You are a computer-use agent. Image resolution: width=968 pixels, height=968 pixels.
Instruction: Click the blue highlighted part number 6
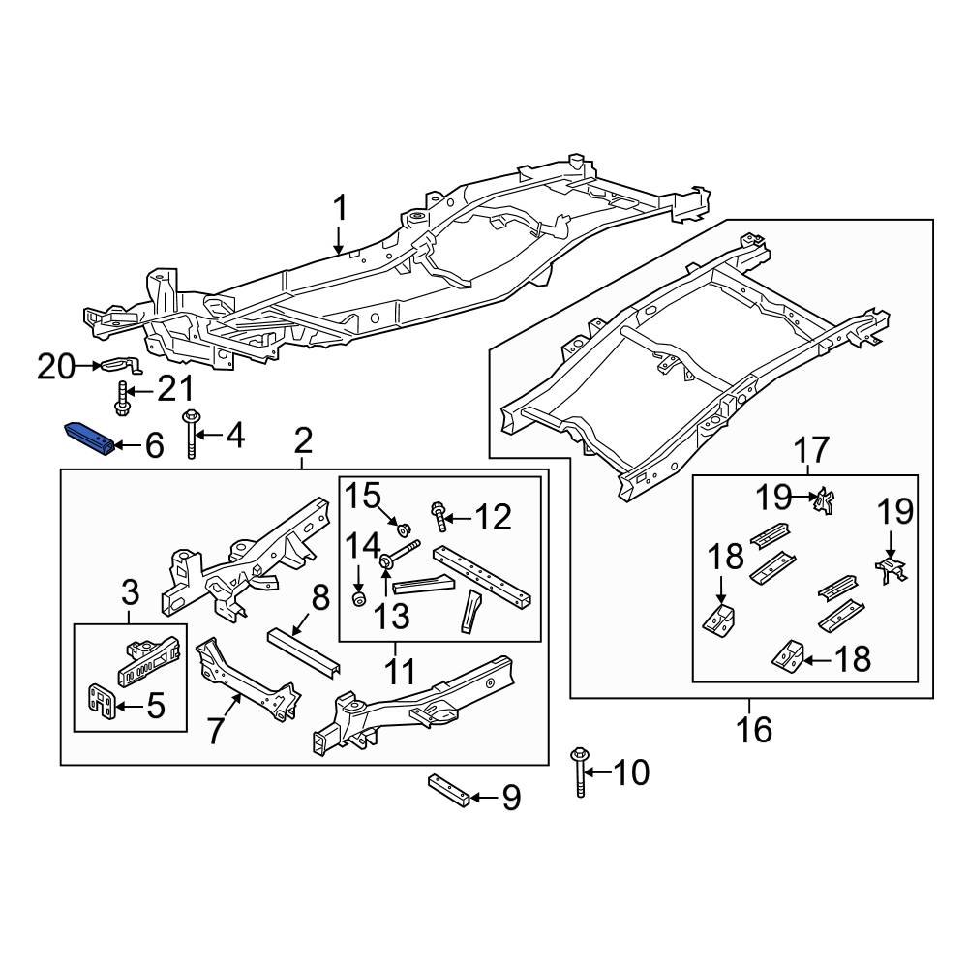[x=89, y=437]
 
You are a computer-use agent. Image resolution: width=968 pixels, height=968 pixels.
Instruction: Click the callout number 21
[x=175, y=390]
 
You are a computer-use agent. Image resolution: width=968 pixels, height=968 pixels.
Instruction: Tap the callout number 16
[x=754, y=728]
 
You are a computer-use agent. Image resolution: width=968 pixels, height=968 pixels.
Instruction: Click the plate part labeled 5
[x=102, y=700]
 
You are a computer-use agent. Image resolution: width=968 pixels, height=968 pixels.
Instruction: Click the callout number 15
[x=365, y=497]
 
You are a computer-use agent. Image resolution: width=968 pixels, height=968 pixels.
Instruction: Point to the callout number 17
[x=812, y=450]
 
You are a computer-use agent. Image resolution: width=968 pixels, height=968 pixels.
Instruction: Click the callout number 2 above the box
[x=302, y=443]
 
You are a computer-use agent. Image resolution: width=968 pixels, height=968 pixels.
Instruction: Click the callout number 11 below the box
[x=400, y=670]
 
